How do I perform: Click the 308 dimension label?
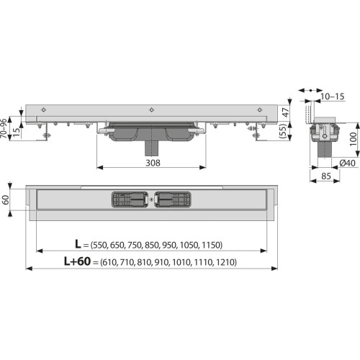(153, 163)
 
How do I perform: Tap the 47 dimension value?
(285, 112)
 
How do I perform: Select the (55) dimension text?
(284, 131)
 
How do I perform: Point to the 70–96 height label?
(4, 128)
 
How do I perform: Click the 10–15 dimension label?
(333, 96)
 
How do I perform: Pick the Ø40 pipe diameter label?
(347, 163)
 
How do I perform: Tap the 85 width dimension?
(326, 176)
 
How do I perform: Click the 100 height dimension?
(353, 139)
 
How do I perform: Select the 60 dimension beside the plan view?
(6, 200)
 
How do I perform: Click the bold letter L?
(78, 244)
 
